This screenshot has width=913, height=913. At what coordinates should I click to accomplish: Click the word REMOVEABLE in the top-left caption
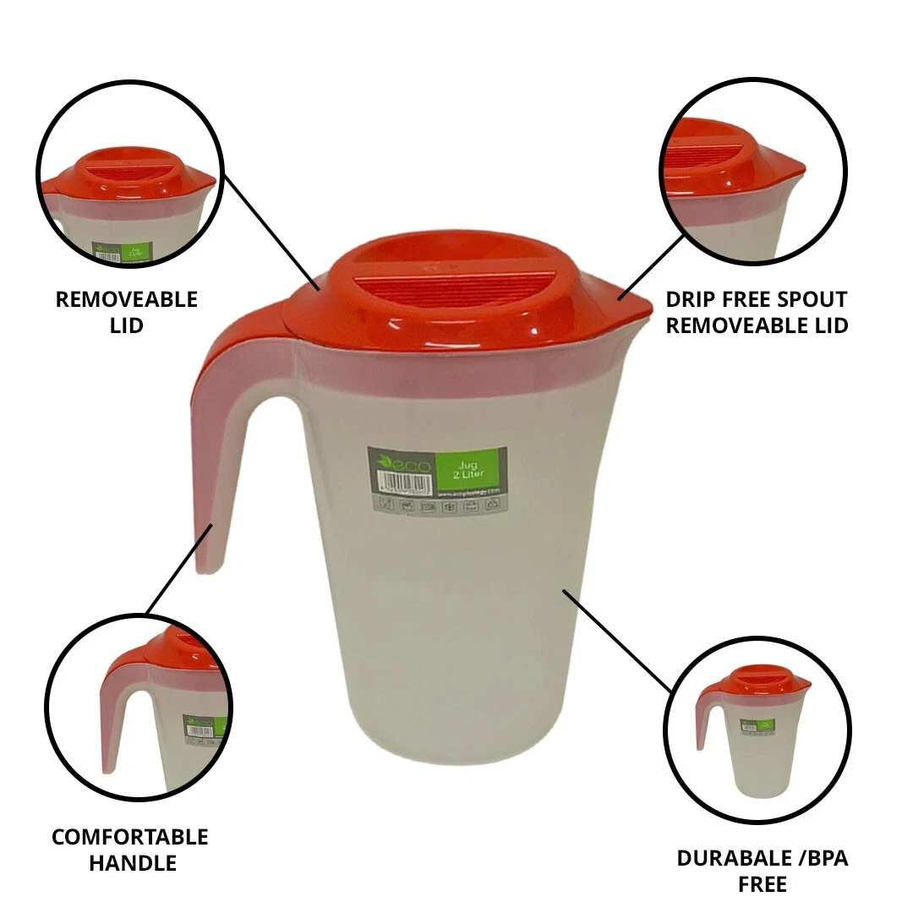coord(126,299)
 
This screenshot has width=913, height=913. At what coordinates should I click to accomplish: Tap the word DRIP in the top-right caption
coord(691,299)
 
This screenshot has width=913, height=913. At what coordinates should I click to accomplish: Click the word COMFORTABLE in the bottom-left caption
coord(129,837)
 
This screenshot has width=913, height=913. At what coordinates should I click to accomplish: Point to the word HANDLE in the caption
coord(132,863)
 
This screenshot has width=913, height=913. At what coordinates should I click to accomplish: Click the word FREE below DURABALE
coord(762,884)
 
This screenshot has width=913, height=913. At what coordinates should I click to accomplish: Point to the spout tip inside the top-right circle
coord(795,169)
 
